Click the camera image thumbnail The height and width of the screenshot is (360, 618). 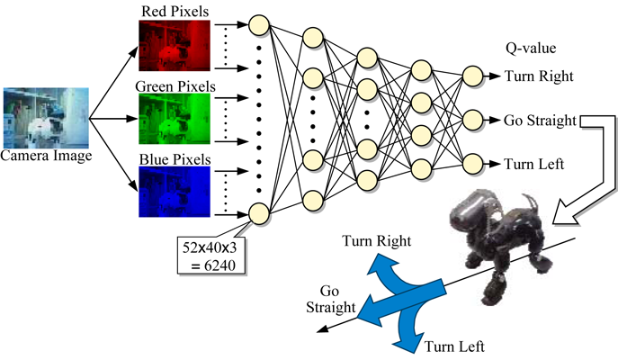pyautogui.click(x=46, y=117)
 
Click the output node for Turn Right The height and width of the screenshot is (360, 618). pyautogui.click(x=473, y=76)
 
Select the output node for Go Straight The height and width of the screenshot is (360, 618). pyautogui.click(x=473, y=119)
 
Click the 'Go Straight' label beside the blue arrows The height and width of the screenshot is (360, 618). pyautogui.click(x=327, y=301)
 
